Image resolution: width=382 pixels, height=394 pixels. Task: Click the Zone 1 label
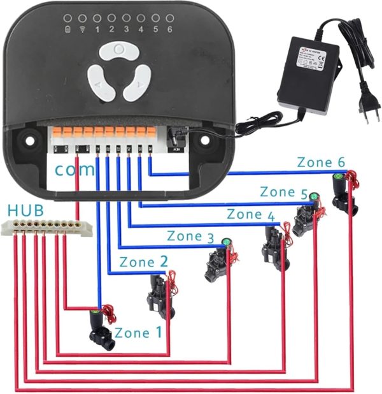138,332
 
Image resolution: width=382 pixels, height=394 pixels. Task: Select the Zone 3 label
190,236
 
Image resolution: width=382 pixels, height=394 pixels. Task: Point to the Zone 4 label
250,214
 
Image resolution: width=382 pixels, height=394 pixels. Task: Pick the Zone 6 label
321,163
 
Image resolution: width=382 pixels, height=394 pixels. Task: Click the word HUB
22,210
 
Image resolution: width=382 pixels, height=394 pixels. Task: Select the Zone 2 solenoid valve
160,295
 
